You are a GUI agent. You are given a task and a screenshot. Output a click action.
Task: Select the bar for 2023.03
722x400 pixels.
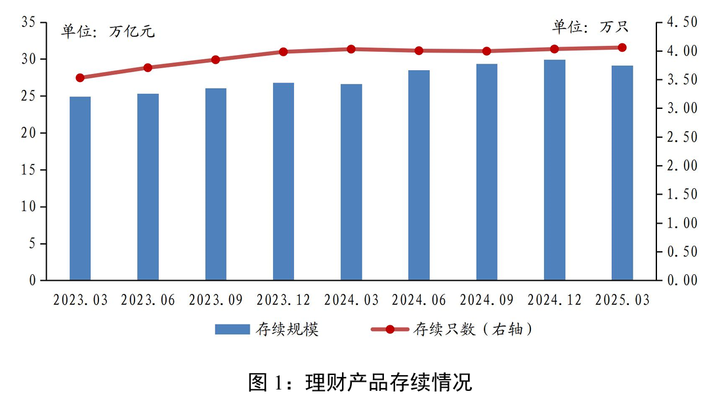[80, 189]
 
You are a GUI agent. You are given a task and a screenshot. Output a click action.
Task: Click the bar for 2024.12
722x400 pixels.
[555, 170]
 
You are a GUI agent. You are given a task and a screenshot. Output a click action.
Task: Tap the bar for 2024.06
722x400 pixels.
[419, 176]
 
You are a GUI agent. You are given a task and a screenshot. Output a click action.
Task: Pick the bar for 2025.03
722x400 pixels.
[622, 173]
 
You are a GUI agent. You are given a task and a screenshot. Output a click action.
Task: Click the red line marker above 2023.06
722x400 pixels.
[148, 68]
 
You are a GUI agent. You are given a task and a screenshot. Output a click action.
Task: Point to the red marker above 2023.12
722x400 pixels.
[284, 52]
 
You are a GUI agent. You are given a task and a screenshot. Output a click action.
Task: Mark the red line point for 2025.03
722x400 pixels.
[622, 47]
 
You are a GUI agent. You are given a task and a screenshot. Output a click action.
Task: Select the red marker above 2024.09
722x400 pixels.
[486, 51]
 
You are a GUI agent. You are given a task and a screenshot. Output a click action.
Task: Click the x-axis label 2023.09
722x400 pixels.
[216, 300]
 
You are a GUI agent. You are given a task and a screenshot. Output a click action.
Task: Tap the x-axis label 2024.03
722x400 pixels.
[351, 300]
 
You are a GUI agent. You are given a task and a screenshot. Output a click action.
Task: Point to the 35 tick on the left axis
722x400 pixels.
[29, 22]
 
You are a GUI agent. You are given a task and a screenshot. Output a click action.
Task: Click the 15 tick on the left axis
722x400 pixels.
[29, 170]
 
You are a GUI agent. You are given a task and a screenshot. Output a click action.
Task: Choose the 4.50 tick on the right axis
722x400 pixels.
[681, 22]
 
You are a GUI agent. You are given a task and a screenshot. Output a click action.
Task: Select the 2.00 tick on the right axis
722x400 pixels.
[681, 166]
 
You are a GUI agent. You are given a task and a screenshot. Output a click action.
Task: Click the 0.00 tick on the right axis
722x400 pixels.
[681, 281]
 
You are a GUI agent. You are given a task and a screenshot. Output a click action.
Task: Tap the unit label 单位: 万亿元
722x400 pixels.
[108, 31]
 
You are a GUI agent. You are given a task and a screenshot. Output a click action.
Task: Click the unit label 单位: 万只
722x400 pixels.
[590, 27]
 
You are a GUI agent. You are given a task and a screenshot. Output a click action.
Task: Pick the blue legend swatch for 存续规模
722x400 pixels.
[232, 329]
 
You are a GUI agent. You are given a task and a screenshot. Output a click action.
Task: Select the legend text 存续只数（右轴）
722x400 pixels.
[472, 329]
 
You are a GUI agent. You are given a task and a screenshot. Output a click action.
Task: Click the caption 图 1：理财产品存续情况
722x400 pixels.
[360, 382]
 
